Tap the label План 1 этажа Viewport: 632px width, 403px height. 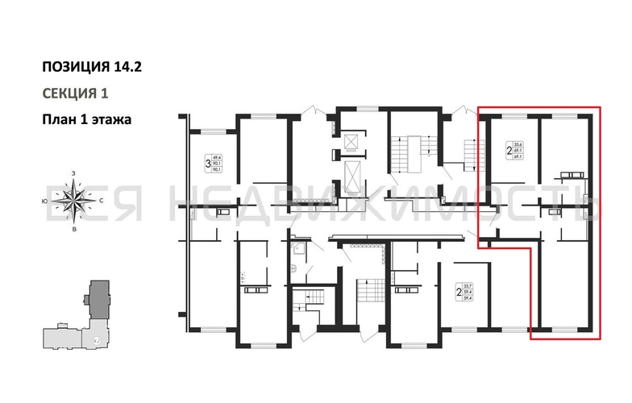coord(86,118)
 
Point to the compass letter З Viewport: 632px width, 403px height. coord(74,174)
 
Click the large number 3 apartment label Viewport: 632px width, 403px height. coord(207,164)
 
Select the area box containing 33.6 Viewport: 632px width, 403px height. coord(518,150)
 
